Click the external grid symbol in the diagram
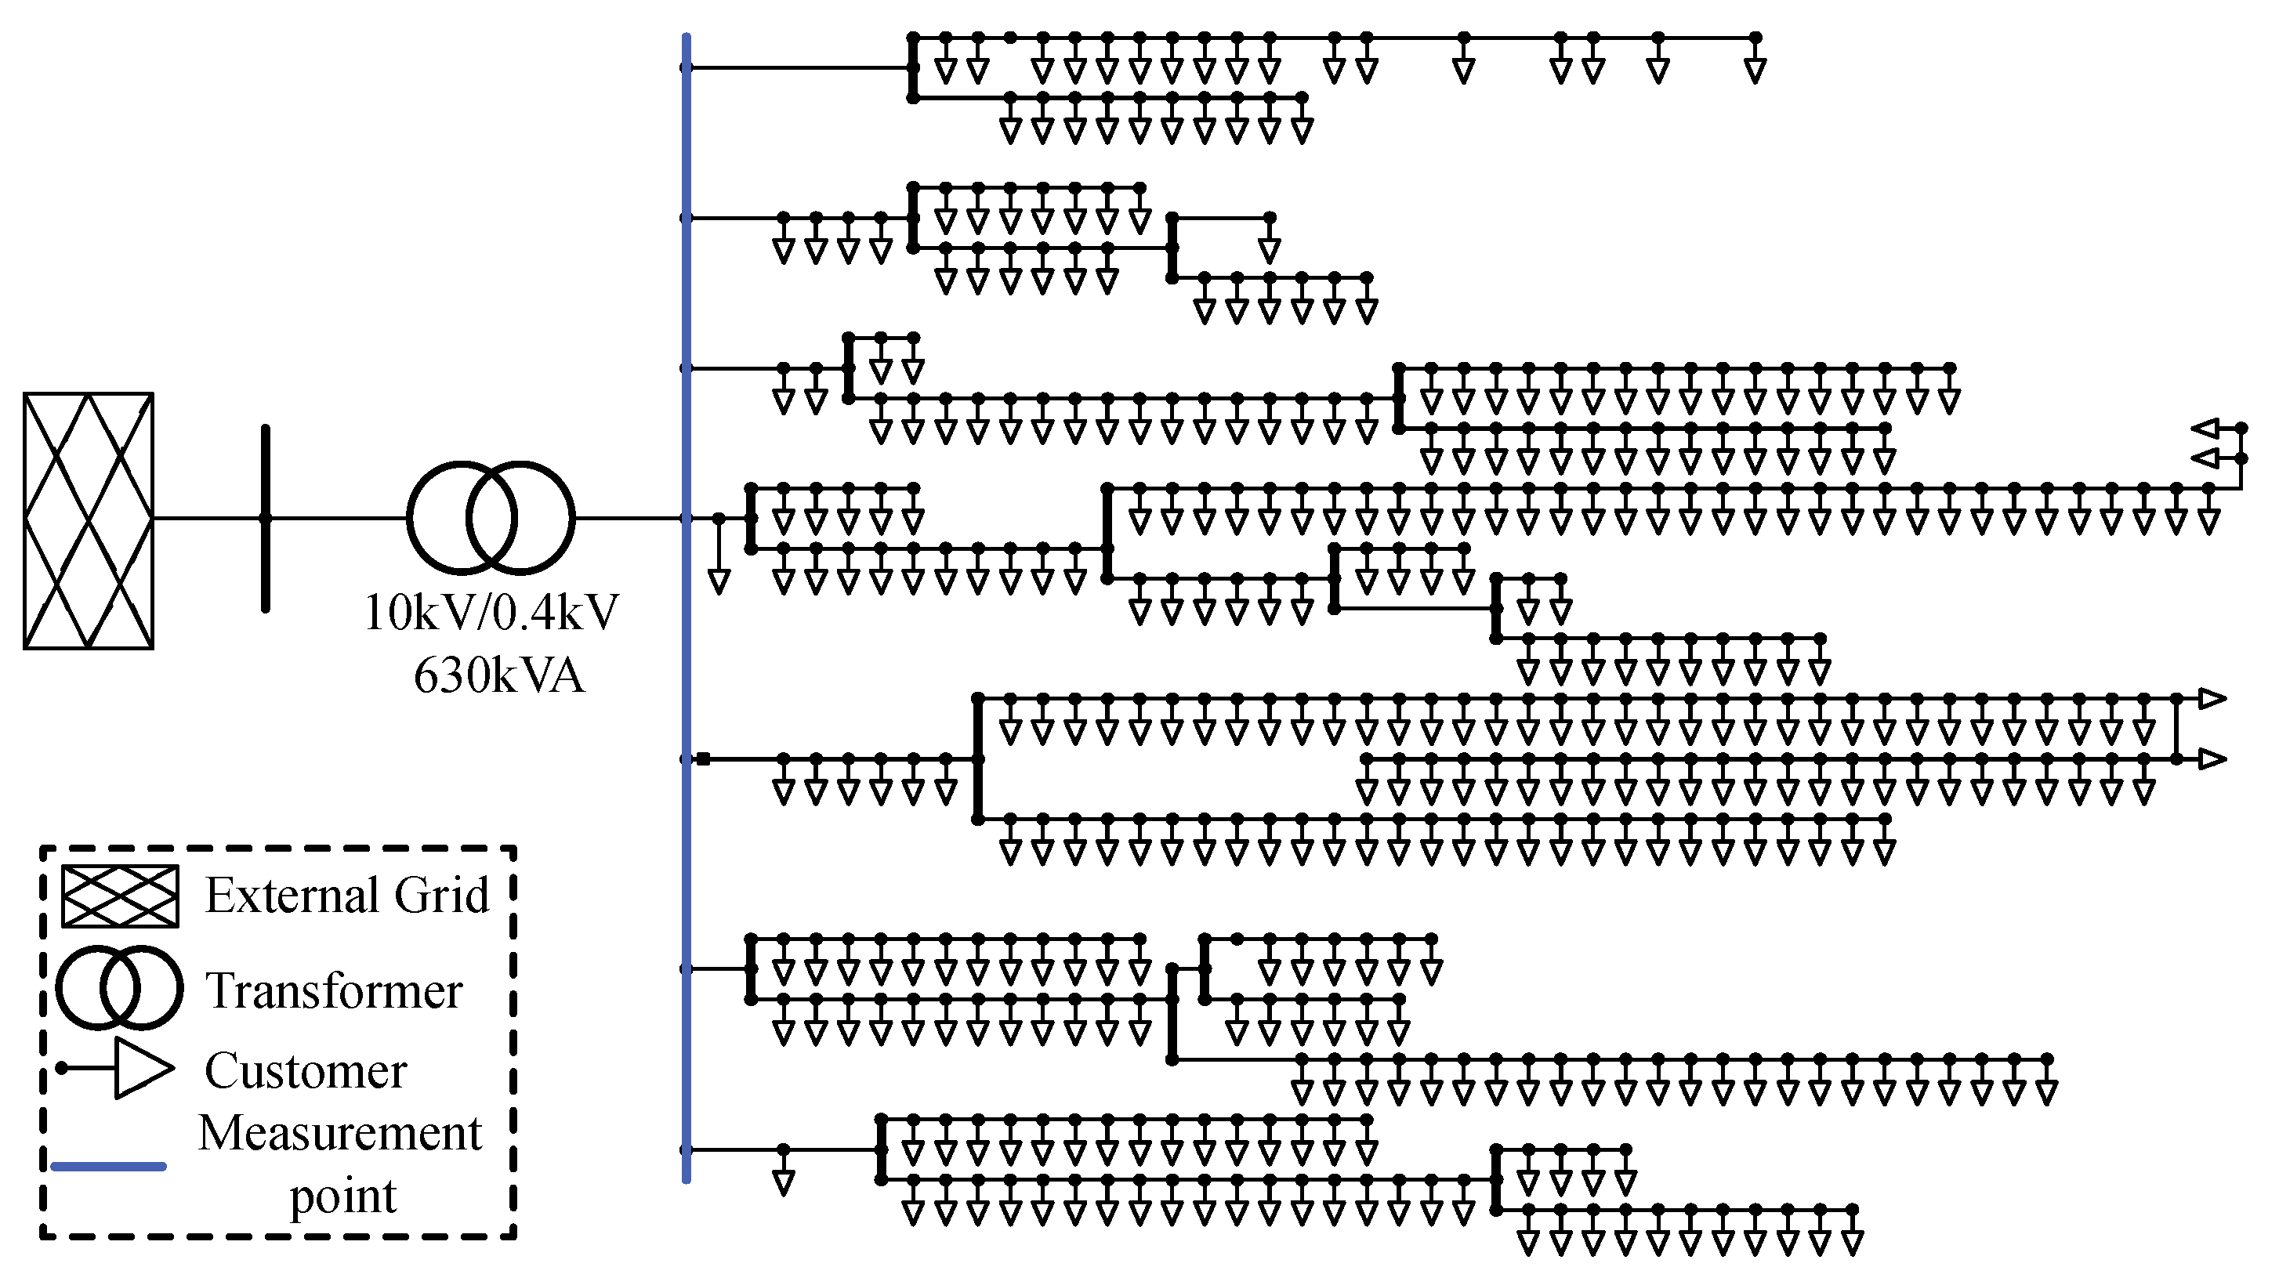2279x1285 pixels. (89, 521)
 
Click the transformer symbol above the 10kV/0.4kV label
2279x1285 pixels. (491, 518)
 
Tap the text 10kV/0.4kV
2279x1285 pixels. (492, 612)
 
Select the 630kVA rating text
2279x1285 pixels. (499, 675)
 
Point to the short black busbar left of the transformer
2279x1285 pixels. (266, 518)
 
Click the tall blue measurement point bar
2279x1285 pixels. (687, 619)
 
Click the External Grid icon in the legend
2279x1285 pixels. (119, 896)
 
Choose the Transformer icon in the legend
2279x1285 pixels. (119, 988)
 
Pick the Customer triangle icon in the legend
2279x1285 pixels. (142, 1068)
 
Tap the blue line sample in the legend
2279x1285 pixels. (109, 1167)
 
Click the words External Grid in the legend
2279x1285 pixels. (347, 895)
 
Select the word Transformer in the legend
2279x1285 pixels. (335, 990)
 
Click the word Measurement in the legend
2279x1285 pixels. (341, 1133)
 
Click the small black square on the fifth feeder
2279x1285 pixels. (703, 758)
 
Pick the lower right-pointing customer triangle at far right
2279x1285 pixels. (2212, 758)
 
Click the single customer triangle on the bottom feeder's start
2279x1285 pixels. (783, 1182)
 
